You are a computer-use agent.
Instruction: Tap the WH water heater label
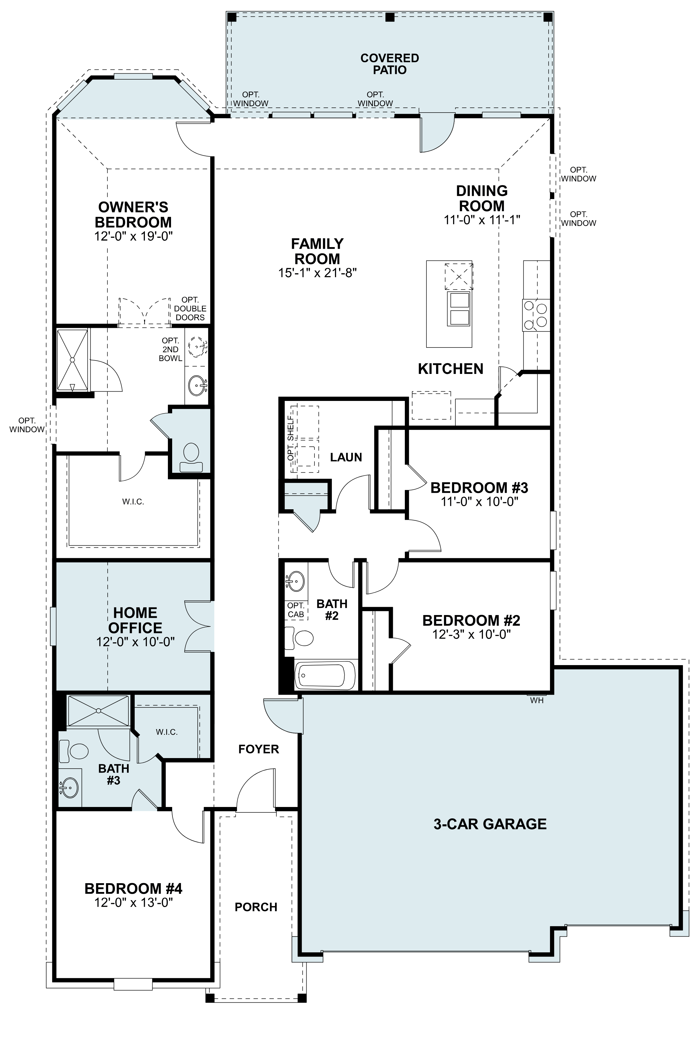[x=537, y=700]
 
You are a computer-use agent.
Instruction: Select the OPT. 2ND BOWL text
[x=170, y=349]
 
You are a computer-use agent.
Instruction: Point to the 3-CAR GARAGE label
[x=490, y=824]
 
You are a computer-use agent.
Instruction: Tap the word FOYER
[x=259, y=749]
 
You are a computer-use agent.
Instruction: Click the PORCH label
[x=256, y=907]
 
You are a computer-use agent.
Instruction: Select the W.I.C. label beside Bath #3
[x=167, y=732]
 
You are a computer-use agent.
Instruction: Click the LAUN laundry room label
[x=346, y=457]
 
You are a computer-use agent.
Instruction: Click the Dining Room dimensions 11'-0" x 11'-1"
[x=482, y=220]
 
